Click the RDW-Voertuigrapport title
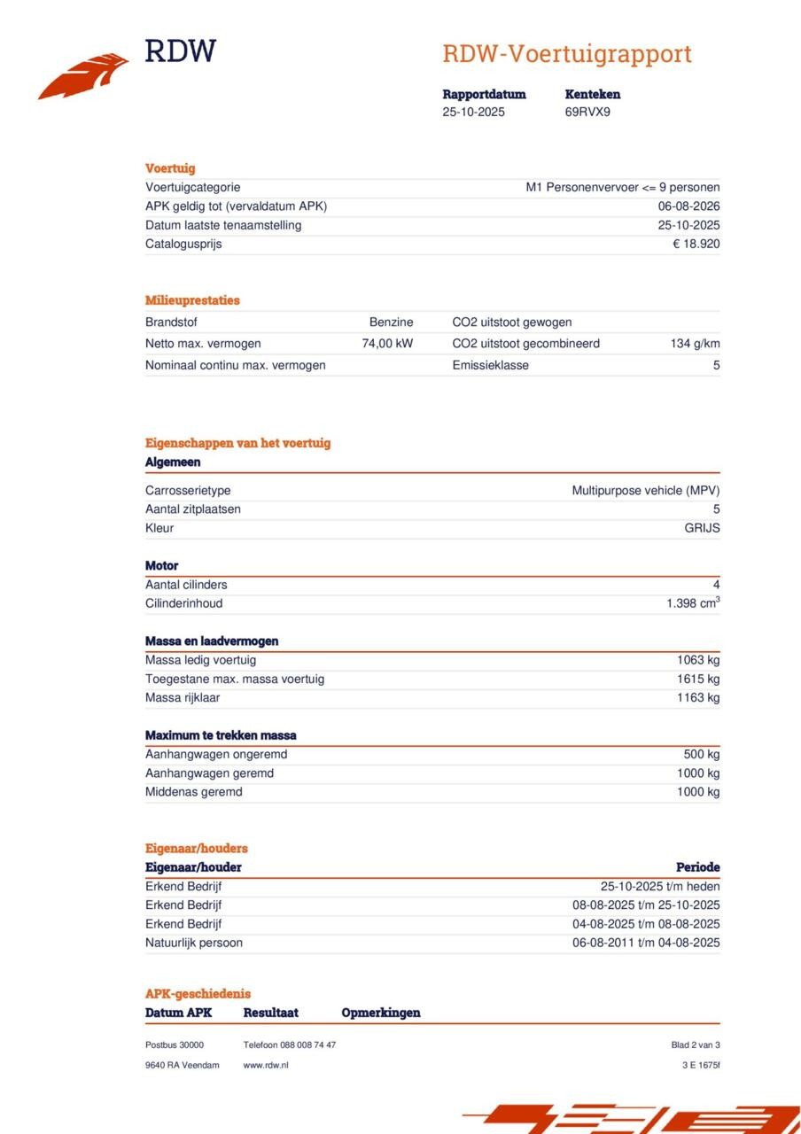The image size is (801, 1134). coord(566,54)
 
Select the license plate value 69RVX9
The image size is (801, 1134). coord(587,113)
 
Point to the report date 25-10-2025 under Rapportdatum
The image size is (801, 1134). coord(473,113)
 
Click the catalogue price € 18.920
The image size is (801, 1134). coord(696,245)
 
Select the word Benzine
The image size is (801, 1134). coord(391,322)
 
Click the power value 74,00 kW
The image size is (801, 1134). coord(387,344)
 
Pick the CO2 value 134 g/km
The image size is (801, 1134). coord(695,344)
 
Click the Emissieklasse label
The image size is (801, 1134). coord(490,365)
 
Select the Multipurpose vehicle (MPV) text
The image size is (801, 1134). coord(645,491)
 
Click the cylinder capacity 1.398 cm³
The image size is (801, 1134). coord(692,603)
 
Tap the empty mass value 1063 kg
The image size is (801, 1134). coord(698,660)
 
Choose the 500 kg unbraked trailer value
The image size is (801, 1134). coord(702,755)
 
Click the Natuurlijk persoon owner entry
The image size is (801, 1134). coord(193,943)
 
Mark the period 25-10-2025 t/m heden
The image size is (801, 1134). coord(659,887)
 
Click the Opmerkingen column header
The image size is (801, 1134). coord(380,1013)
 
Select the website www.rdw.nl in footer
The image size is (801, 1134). coord(265,1065)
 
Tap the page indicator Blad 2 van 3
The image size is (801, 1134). coord(695,1045)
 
